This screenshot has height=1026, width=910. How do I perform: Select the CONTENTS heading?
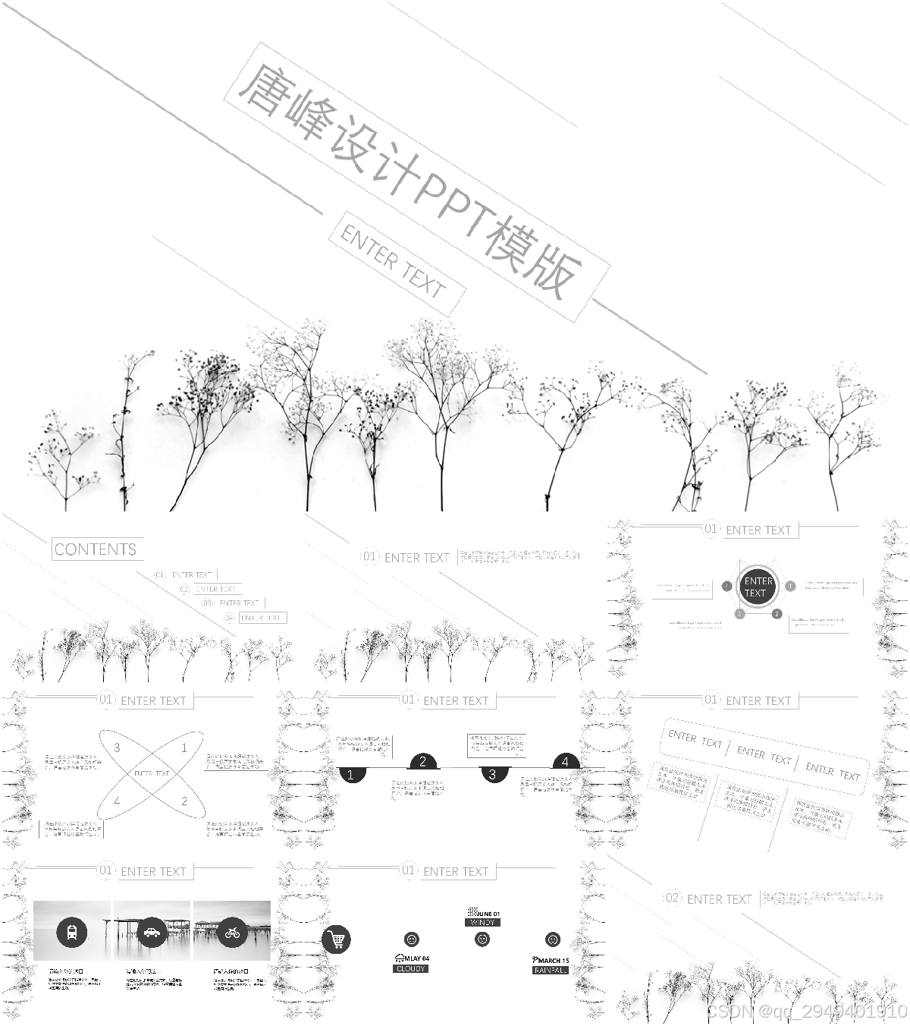96,549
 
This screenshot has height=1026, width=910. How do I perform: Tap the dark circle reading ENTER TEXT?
758,587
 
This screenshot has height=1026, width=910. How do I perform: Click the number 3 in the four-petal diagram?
117,747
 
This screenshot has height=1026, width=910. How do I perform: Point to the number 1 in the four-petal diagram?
184,747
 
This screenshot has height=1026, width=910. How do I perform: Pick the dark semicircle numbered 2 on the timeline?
423,762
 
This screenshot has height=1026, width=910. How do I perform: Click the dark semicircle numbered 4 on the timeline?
565,762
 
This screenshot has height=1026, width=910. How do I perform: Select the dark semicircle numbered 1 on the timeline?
351,775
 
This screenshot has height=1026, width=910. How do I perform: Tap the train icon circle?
71,931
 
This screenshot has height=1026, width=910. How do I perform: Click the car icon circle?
152,931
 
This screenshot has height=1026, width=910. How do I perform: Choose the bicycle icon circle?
232,931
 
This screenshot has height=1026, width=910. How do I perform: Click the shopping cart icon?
337,939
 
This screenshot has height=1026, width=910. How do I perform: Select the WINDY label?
483,923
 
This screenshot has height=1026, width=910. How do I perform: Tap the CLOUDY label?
411,969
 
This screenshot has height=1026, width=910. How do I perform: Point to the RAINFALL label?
551,971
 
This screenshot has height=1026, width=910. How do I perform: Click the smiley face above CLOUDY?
412,939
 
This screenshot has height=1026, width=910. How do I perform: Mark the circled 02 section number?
673,899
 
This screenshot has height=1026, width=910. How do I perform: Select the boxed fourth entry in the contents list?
262,618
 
